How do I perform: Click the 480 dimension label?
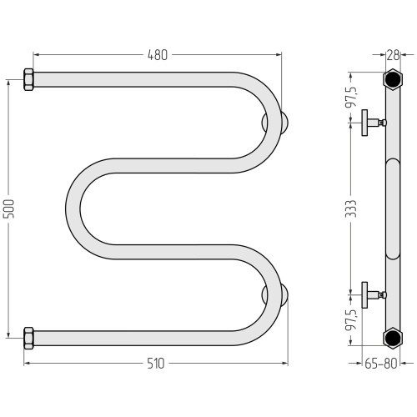(x=158, y=55)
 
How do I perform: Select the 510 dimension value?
(x=156, y=364)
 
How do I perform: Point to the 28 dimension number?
(x=393, y=55)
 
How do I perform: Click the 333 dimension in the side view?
(x=350, y=208)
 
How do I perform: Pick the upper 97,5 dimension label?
(x=350, y=97)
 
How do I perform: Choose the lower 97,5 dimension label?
(x=350, y=319)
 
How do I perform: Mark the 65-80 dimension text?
(x=381, y=364)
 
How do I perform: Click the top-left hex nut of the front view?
(x=28, y=79)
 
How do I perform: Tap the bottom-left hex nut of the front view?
(x=28, y=338)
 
